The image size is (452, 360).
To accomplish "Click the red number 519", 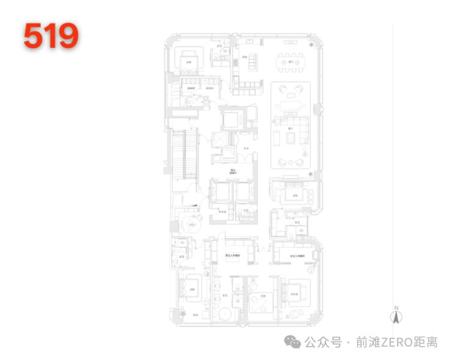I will [x=51, y=36].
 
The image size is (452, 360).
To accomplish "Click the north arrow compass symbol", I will [x=396, y=317].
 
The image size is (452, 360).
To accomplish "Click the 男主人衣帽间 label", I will [x=231, y=256].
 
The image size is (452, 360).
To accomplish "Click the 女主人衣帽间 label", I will [x=297, y=256].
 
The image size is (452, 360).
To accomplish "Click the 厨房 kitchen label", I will [x=244, y=57].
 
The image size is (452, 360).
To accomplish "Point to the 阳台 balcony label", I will [x=195, y=315].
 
